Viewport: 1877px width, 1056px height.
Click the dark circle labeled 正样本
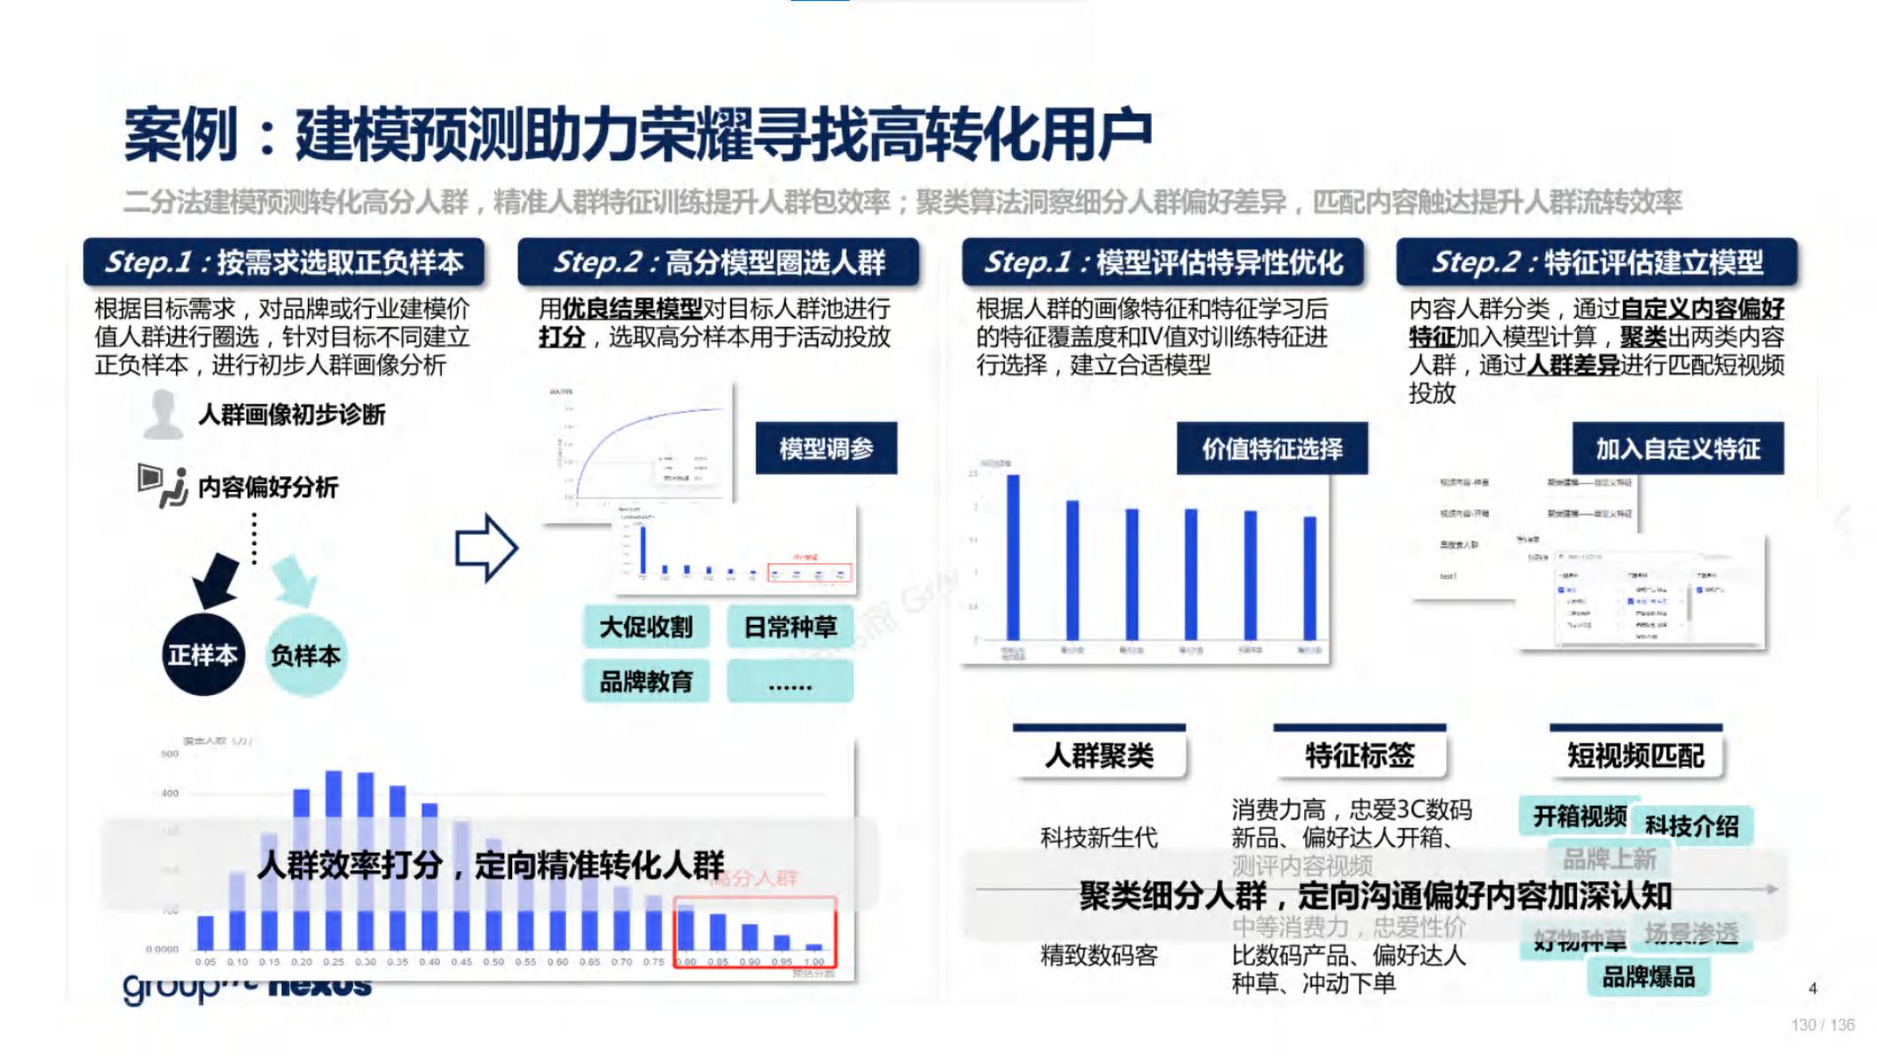pyautogui.click(x=203, y=655)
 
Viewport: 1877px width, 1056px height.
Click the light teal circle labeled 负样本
pyautogui.click(x=305, y=655)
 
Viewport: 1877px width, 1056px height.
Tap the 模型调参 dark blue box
pyautogui.click(x=825, y=449)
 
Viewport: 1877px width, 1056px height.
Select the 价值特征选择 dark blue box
pyautogui.click(x=1272, y=449)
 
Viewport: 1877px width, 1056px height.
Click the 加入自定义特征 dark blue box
pyautogui.click(x=1677, y=449)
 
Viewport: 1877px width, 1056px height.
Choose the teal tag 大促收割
pyautogui.click(x=646, y=627)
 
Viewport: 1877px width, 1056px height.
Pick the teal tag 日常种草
pyautogui.click(x=789, y=627)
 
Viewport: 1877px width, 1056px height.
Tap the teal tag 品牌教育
pyautogui.click(x=646, y=681)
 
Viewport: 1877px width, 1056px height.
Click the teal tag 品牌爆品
pyautogui.click(x=1647, y=977)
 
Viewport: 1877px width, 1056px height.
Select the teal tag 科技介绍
pyautogui.click(x=1691, y=825)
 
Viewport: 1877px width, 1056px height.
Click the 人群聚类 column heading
pyautogui.click(x=1099, y=755)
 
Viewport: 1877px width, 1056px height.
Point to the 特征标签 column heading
pyautogui.click(x=1360, y=755)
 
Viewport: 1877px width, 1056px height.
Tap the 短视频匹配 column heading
pyautogui.click(x=1635, y=755)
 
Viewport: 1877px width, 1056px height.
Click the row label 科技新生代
pyautogui.click(x=1098, y=837)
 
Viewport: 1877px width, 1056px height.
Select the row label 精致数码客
pyautogui.click(x=1098, y=955)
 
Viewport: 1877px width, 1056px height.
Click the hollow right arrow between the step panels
pyautogui.click(x=486, y=548)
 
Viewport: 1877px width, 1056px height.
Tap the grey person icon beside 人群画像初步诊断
pyautogui.click(x=163, y=414)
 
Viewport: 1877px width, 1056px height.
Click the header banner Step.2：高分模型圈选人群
pyautogui.click(x=718, y=262)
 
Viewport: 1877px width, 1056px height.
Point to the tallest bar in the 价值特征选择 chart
pyautogui.click(x=1013, y=557)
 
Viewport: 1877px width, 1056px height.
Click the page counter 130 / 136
pyautogui.click(x=1822, y=1025)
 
